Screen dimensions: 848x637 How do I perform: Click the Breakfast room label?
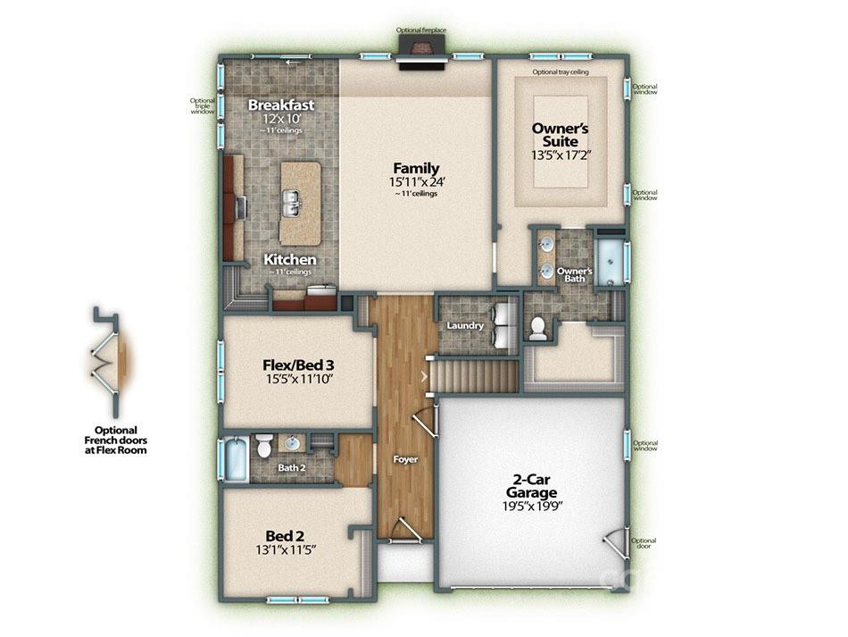(x=280, y=105)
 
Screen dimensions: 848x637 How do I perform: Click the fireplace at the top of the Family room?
(x=422, y=53)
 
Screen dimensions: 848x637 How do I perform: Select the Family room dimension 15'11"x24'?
(x=417, y=182)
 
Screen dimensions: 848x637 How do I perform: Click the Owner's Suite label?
(x=561, y=135)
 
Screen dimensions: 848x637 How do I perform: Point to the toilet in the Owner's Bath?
(x=537, y=328)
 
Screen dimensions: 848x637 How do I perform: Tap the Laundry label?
(x=465, y=325)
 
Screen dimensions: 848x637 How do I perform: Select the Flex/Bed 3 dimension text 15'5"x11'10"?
(x=298, y=378)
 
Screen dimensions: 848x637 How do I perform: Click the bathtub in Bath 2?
(x=237, y=459)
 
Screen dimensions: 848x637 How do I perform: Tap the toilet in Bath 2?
(x=264, y=445)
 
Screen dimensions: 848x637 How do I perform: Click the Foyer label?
(x=405, y=459)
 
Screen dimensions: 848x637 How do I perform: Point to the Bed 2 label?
(x=285, y=536)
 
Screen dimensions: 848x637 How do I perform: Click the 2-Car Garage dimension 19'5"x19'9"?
(x=533, y=507)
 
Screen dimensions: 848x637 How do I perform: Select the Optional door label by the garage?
(x=644, y=543)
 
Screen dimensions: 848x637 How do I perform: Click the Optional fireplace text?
(x=420, y=30)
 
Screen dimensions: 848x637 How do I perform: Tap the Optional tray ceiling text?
(x=561, y=72)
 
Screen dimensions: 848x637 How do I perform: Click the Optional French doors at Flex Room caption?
(x=116, y=440)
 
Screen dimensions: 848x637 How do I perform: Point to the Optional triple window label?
(x=203, y=106)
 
